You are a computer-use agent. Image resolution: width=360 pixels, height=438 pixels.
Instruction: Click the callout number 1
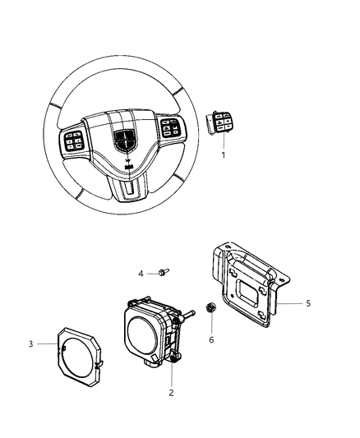click(221, 154)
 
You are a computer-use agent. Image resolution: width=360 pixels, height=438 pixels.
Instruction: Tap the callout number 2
click(171, 394)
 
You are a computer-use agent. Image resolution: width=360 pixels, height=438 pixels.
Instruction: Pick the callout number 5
click(308, 303)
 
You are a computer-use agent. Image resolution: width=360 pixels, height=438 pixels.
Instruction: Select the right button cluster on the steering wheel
click(172, 129)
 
